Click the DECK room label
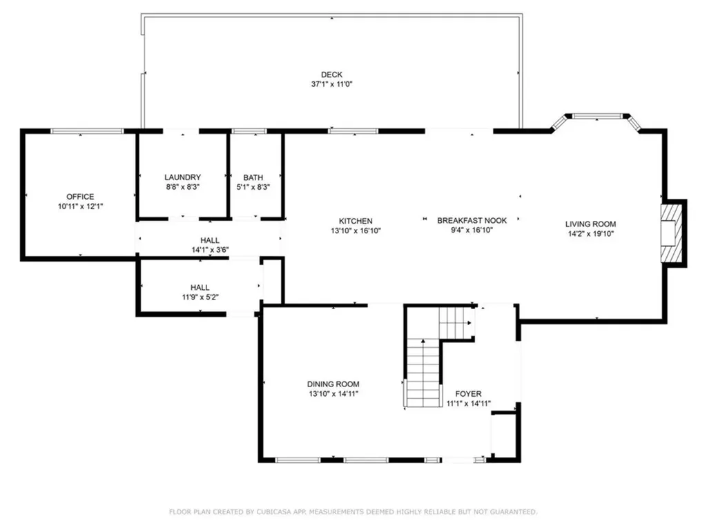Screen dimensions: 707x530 331,75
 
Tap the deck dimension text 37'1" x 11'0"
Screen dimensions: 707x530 331,84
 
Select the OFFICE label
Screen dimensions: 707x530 80,197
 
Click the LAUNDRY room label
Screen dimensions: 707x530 182,177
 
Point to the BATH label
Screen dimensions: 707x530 253,177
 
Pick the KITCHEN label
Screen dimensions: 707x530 356,221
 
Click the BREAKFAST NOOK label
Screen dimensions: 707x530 472,220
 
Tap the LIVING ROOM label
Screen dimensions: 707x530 591,224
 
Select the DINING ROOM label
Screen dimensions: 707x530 333,384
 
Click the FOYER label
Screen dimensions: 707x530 469,393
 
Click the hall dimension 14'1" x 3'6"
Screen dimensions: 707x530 210,250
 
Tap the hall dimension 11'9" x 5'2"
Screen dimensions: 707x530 200,297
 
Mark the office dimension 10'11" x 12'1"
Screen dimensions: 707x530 80,206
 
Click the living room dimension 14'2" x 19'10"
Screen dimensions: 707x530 591,233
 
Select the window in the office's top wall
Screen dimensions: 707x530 86,131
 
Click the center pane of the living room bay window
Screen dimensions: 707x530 597,116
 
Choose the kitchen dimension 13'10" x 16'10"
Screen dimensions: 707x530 356,230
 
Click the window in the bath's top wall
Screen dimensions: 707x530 249,131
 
